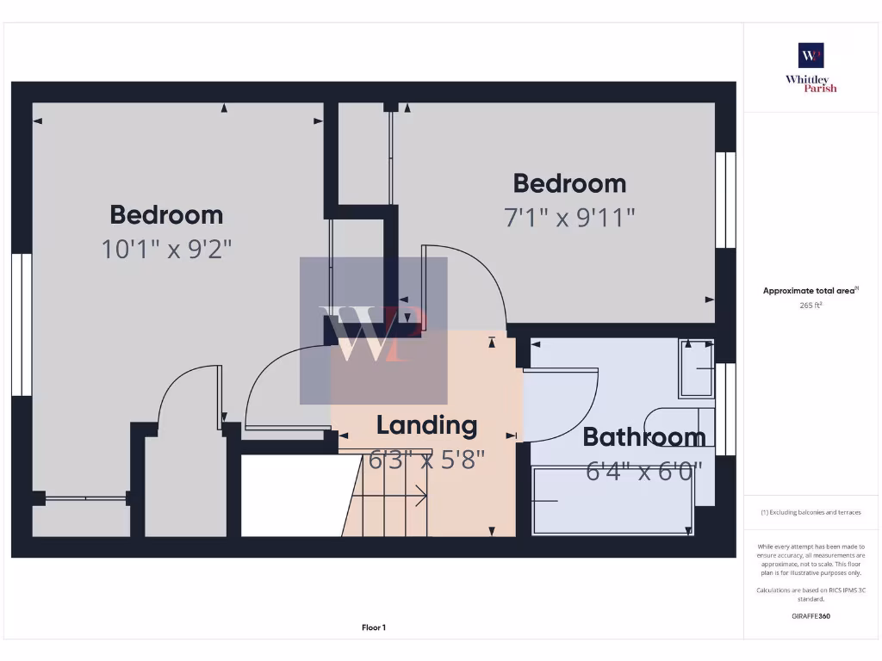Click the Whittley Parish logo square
(x=811, y=55)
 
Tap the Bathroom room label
(x=644, y=437)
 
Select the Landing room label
(x=426, y=425)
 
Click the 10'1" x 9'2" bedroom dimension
(x=166, y=250)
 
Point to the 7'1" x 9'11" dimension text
(x=569, y=218)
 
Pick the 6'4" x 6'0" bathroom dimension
(x=644, y=471)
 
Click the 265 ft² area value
(x=810, y=305)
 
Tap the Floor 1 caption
(x=373, y=627)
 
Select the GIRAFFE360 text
(x=810, y=616)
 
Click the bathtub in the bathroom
(x=613, y=500)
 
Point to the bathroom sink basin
(x=697, y=368)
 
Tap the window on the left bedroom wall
(x=21, y=324)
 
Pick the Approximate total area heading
(x=810, y=291)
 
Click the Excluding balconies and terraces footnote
(x=810, y=512)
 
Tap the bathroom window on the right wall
(x=725, y=409)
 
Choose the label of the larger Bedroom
(x=166, y=214)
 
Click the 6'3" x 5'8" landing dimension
(x=426, y=460)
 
